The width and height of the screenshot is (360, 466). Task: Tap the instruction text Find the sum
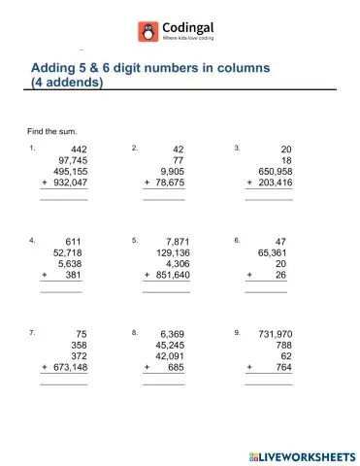52,130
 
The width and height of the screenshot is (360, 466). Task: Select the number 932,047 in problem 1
68,182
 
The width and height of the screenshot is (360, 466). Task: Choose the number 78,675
170,182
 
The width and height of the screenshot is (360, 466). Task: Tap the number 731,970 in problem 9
271,333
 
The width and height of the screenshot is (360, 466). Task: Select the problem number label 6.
236,240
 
